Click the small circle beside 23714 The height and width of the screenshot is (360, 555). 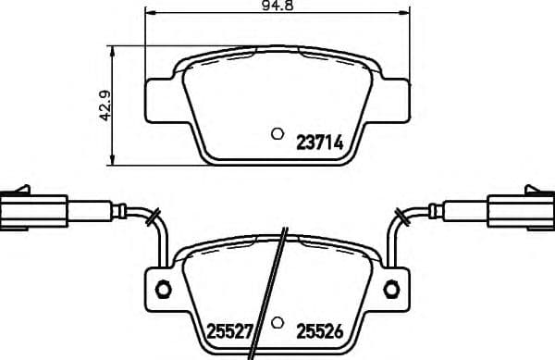(276, 133)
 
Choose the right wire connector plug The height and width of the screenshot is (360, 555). (520, 209)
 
